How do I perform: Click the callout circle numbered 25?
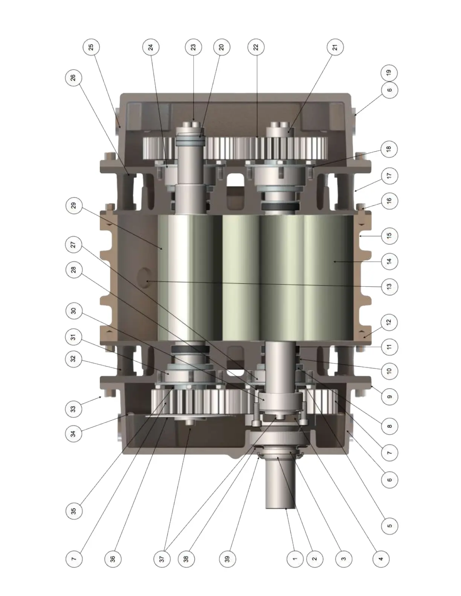point(91,47)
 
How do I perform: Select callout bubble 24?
point(151,47)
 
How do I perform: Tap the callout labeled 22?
point(256,47)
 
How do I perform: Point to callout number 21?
point(335,47)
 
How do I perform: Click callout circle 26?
point(73,78)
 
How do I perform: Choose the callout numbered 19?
point(389,73)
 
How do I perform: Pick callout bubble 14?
point(389,261)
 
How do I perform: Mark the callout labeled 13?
point(389,287)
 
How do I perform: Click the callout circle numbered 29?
point(73,205)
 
